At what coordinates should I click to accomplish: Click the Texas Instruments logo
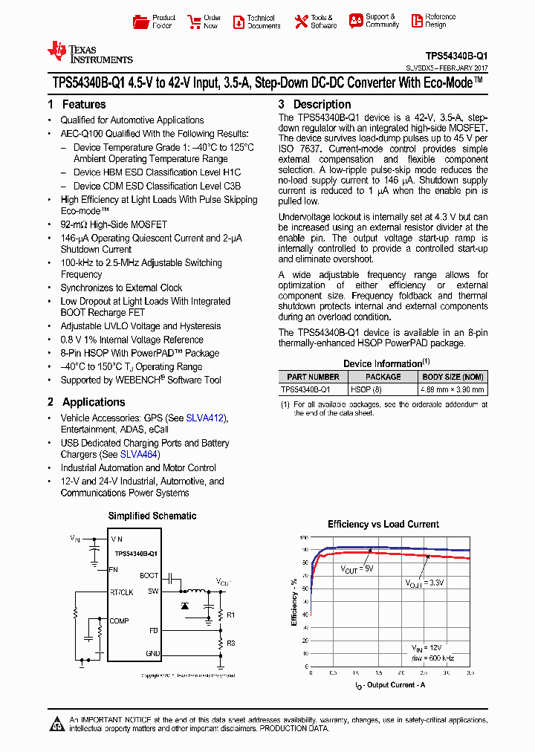tap(89, 52)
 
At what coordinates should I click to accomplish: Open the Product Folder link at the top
tap(155, 22)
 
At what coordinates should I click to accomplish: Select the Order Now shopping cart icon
tap(195, 22)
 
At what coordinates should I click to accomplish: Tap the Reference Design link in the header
tap(431, 21)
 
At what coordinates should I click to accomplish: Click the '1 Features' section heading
tap(77, 105)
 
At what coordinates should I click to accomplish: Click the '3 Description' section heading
tap(314, 105)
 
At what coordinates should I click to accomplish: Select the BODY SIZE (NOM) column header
tap(453, 377)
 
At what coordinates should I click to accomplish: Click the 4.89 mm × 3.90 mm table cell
tap(453, 389)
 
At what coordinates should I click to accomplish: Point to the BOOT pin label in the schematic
tap(149, 576)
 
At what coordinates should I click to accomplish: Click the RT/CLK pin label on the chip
tap(122, 592)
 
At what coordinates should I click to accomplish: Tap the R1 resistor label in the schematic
tap(230, 615)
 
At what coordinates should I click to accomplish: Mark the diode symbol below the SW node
tap(185, 606)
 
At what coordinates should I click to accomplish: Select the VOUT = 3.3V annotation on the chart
tap(424, 583)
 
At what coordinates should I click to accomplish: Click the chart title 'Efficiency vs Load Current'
tap(383, 525)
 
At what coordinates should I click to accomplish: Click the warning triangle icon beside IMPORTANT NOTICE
tap(58, 724)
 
